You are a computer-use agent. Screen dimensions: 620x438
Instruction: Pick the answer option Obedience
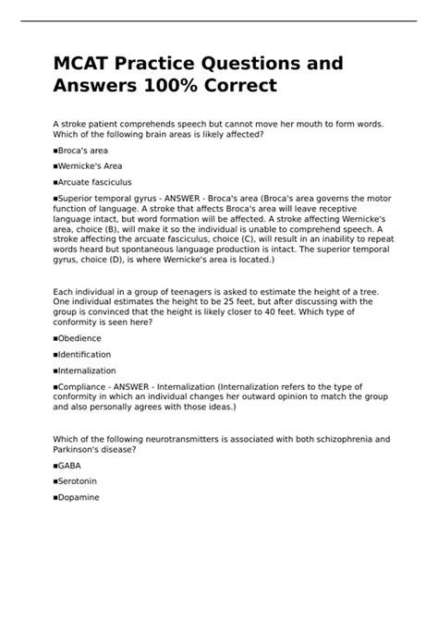pos(80,337)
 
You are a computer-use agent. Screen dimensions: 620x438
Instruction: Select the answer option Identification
pos(85,354)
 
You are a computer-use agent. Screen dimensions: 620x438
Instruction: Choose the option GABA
pos(70,465)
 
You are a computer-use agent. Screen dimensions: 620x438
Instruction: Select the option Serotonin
pos(78,480)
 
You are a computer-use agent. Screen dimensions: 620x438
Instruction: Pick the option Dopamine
pos(79,497)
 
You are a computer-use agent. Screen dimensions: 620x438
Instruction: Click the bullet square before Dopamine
pos(55,497)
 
